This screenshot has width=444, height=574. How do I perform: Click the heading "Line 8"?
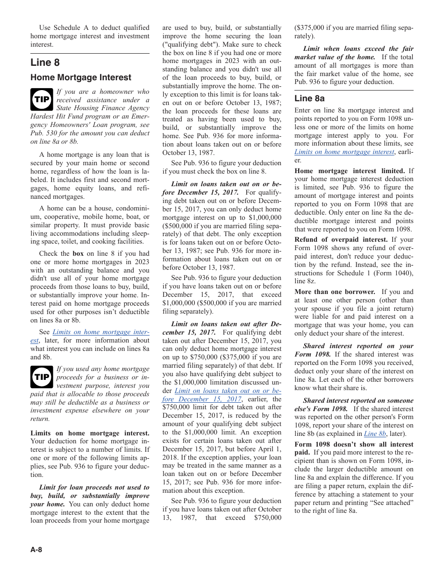point(45,63)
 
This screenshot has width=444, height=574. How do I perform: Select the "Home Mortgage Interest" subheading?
point(81,77)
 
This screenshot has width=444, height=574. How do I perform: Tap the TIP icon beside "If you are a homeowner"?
point(42,99)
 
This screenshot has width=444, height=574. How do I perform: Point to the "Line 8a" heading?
point(309,98)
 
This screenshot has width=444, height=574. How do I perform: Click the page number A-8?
point(36,550)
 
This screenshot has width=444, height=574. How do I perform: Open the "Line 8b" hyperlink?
point(375,434)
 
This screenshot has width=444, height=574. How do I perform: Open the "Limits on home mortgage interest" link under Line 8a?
point(344,152)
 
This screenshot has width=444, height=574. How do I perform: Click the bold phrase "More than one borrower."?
point(335,292)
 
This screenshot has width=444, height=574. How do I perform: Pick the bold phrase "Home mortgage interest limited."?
point(350,171)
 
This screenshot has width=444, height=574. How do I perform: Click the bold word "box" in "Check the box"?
point(78,254)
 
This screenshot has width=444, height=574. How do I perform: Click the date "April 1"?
point(268,449)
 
